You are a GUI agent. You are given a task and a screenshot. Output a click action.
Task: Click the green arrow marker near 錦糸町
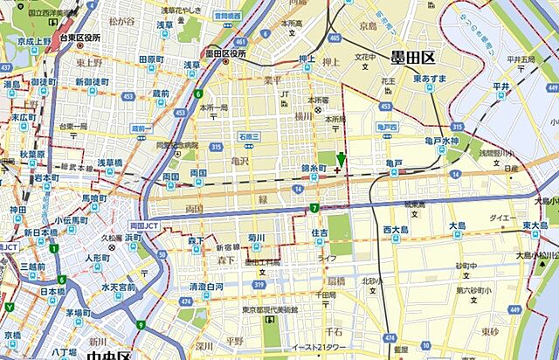[341, 158]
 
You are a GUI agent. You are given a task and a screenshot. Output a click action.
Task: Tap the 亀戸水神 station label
[437, 141]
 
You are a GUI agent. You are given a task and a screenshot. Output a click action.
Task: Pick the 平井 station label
[500, 87]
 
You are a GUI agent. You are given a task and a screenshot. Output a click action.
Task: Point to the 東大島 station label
[535, 226]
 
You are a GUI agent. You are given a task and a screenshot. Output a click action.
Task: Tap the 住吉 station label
[320, 232]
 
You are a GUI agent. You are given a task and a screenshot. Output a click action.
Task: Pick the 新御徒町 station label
[90, 82]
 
